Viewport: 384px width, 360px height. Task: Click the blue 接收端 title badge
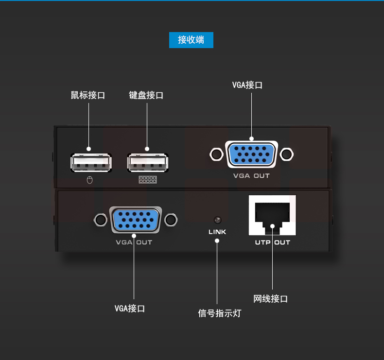191,40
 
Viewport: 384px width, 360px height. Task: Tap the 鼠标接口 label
88,95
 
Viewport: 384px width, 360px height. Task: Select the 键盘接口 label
146,95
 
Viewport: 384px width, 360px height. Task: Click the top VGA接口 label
247,85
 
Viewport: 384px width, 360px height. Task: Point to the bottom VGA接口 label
130,309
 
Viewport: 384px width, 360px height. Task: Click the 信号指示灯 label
220,313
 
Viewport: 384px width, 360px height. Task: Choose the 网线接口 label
271,299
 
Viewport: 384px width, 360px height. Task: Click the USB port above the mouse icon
91,163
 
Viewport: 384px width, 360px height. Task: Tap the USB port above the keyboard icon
148,163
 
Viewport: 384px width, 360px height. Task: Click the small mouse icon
89,180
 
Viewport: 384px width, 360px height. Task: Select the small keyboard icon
147,180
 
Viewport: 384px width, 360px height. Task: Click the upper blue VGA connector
251,154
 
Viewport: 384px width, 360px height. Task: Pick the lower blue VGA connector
136,220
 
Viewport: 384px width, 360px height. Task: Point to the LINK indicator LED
217,220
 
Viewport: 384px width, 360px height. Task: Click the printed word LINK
217,232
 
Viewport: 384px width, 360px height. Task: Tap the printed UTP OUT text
272,242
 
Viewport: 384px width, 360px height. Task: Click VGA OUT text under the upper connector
251,176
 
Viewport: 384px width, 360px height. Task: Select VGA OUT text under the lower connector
134,242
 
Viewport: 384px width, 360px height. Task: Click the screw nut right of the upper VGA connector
287,154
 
